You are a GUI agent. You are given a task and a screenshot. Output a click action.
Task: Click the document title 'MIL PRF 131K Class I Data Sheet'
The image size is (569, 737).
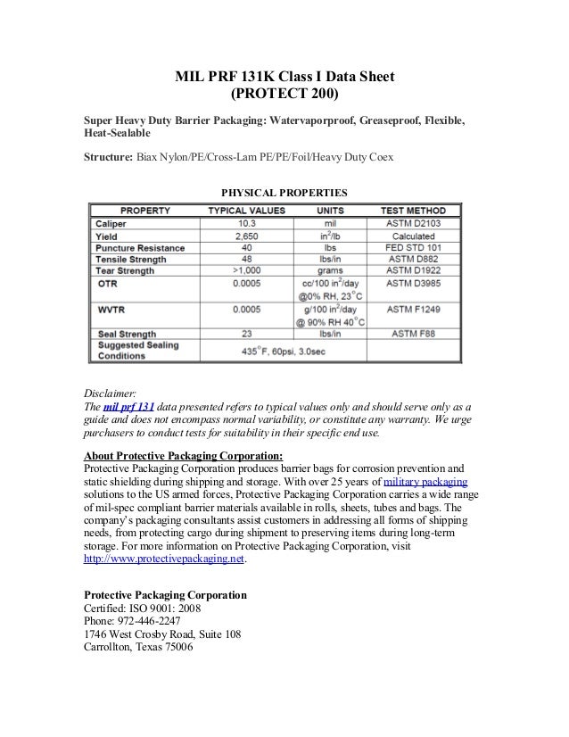coord(284,77)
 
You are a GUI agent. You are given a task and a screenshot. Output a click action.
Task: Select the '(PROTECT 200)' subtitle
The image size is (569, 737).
coord(284,95)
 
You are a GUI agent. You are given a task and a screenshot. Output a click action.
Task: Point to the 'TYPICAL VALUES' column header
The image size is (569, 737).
coord(246,211)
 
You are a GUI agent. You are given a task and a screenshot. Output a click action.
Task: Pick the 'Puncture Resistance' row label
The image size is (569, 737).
coord(140,247)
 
